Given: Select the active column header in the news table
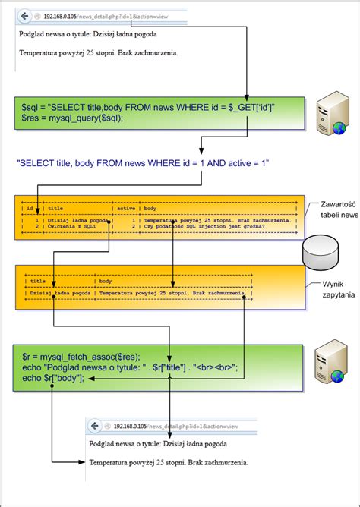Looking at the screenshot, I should point(125,207).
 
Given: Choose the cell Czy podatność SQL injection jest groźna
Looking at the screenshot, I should point(219,225).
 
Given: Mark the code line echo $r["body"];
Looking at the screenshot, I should point(50,376).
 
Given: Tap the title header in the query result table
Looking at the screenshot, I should point(37,280).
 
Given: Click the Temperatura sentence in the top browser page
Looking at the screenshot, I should point(99,53).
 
